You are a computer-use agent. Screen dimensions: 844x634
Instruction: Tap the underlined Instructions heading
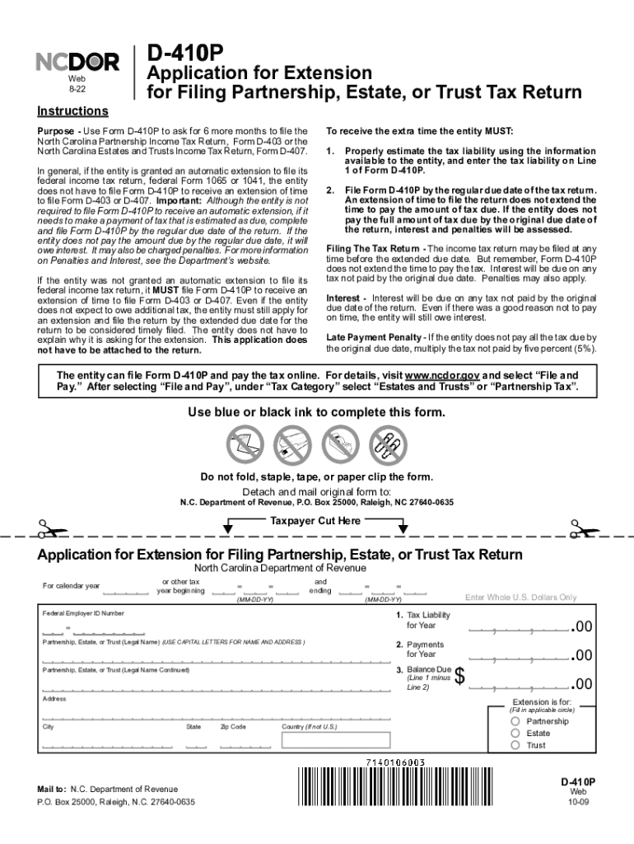pos(72,111)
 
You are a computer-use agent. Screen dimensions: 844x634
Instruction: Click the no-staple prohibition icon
pos(290,443)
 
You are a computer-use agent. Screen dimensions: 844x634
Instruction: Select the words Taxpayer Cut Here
pos(315,521)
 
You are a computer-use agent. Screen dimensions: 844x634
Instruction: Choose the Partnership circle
pos(515,721)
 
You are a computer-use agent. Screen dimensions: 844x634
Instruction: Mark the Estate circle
pos(515,733)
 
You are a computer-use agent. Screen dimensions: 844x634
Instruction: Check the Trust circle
pos(515,745)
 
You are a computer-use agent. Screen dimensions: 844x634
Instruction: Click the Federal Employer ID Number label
pos(83,614)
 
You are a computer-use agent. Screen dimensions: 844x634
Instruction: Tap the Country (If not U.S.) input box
pos(326,740)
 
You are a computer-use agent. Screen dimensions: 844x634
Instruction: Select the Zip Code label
pos(233,727)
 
